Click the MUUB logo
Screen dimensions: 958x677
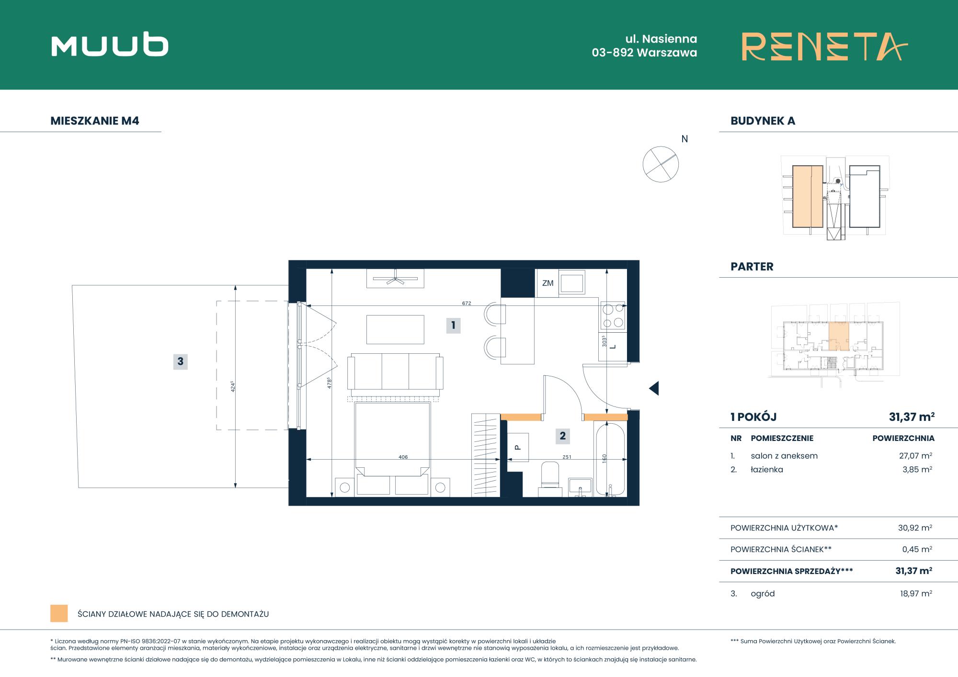point(110,45)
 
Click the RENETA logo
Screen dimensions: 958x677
point(824,46)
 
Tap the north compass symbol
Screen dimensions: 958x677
point(661,164)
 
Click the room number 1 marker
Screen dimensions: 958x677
point(453,326)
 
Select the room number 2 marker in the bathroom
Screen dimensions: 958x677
point(562,436)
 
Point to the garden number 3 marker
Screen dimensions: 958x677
point(180,361)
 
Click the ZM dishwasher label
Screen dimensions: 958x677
point(547,283)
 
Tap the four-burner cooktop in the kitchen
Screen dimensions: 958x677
point(613,316)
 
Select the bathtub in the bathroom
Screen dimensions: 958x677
point(609,459)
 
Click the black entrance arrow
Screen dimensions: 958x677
point(654,388)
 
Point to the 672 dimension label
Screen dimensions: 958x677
point(467,303)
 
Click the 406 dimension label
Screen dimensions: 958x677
point(403,457)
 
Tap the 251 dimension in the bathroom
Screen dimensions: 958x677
point(567,457)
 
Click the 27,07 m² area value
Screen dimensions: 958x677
point(915,456)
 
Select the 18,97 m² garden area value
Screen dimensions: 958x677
point(916,594)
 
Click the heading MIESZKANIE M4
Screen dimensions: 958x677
point(95,121)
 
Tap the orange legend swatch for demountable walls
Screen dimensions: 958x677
point(59,614)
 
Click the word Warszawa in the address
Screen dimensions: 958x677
point(667,53)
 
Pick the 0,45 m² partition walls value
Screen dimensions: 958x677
point(917,550)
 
